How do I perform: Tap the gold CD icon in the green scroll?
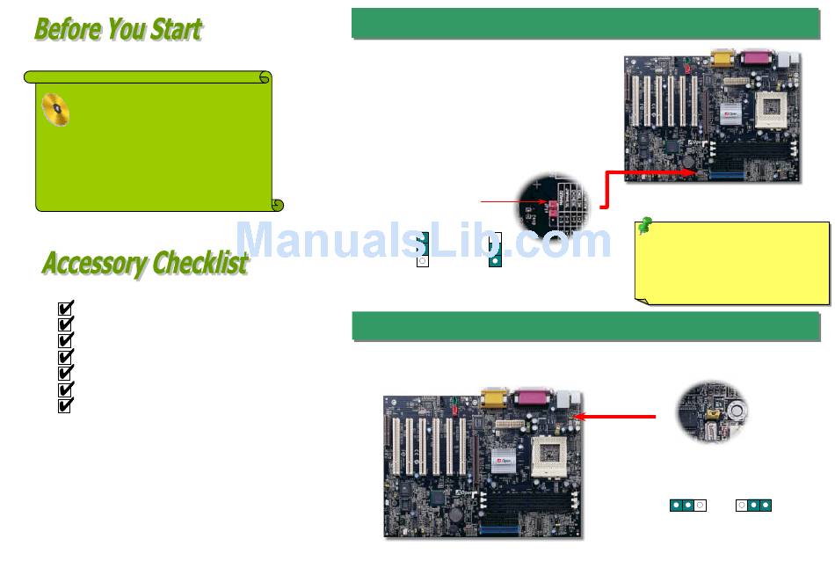click(55, 111)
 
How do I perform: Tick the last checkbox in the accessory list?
click(64, 406)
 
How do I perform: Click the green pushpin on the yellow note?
click(644, 226)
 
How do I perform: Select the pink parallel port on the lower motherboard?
click(533, 397)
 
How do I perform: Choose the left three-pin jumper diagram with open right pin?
click(686, 506)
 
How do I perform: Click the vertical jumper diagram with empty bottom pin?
click(422, 251)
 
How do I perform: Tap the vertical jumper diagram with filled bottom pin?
click(496, 251)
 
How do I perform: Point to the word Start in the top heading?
click(176, 29)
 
